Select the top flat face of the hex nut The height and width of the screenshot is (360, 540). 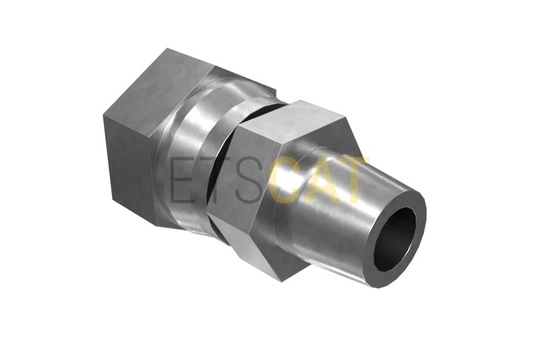pos(293,125)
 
